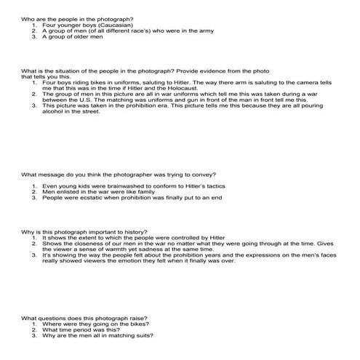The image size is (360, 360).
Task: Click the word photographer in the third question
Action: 114,174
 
